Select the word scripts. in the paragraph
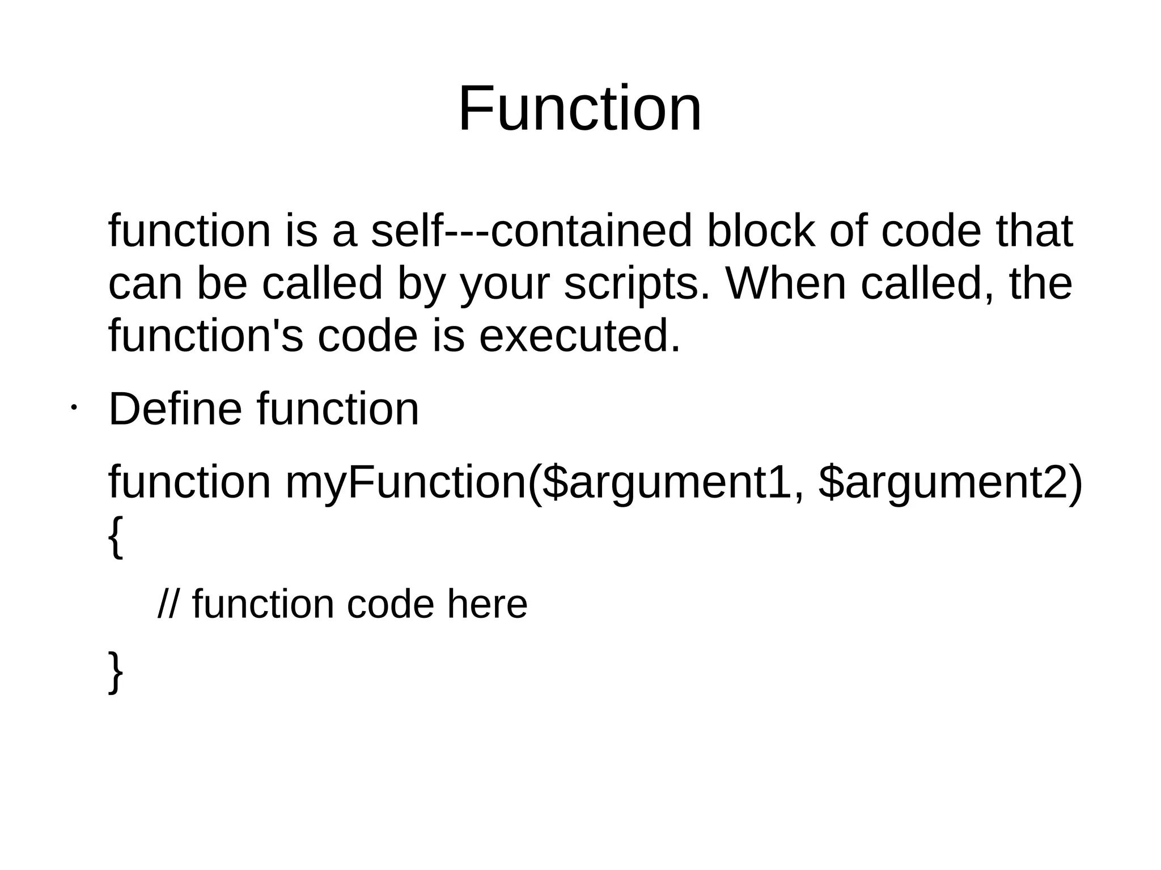pyautogui.click(x=637, y=283)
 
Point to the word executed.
pyautogui.click(x=579, y=336)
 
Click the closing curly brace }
pyautogui.click(x=115, y=671)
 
